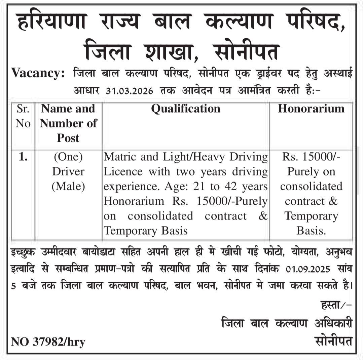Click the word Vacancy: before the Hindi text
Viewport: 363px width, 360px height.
click(38, 73)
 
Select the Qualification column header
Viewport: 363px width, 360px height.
click(186, 109)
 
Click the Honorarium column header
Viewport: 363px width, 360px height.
click(311, 109)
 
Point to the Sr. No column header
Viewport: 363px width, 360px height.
click(23, 116)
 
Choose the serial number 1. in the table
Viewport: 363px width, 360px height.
click(23, 157)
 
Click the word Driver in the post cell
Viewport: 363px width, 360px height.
click(68, 172)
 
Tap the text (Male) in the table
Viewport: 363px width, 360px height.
click(68, 186)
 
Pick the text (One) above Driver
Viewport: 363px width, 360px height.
click(68, 157)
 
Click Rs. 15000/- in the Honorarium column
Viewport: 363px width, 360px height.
click(311, 157)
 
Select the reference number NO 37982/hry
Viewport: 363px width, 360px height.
click(48, 342)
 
